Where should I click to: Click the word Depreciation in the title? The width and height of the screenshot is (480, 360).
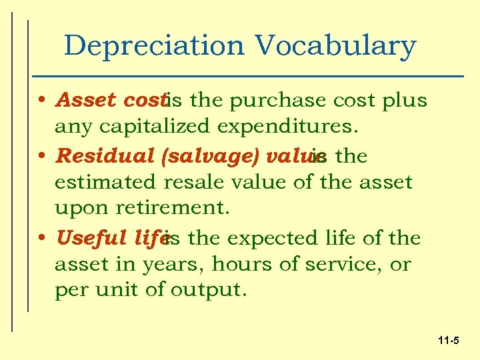[x=155, y=46]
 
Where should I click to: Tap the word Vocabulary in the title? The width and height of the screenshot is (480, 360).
[x=335, y=46]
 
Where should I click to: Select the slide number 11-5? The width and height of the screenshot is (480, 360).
[x=449, y=341]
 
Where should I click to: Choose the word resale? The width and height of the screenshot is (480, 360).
[x=205, y=181]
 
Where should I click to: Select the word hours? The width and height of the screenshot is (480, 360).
[x=236, y=264]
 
